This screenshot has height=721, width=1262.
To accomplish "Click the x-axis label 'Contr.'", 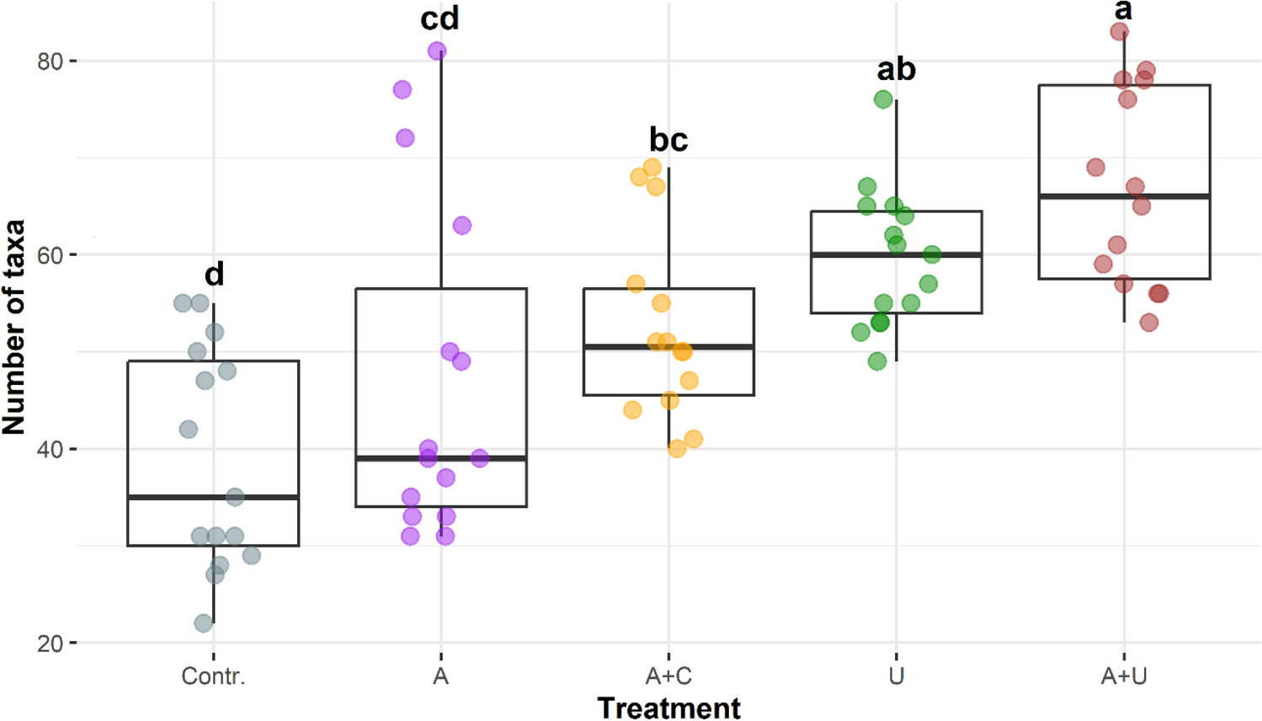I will tap(213, 676).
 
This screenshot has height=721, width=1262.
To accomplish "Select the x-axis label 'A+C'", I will tap(668, 676).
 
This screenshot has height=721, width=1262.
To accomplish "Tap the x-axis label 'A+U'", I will tap(1124, 676).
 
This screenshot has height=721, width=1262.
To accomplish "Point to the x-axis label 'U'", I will tap(896, 676).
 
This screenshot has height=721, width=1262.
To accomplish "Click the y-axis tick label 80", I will tap(50, 61).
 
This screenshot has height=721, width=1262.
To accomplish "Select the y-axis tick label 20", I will tap(50, 644).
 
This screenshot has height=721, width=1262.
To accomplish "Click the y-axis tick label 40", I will tap(50, 449).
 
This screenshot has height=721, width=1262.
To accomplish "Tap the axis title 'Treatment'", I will tap(668, 708).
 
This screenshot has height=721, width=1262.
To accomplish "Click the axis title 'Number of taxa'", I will tap(14, 327).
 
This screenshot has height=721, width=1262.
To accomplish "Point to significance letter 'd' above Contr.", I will tap(214, 274).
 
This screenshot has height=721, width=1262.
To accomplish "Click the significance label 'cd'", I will tap(439, 19).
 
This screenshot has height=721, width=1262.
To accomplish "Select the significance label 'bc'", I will tap(668, 140).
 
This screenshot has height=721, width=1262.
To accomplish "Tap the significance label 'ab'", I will tap(896, 69).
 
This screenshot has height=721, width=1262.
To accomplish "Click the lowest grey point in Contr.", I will tap(204, 623).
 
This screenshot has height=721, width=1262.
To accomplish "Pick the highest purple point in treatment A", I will tap(437, 51).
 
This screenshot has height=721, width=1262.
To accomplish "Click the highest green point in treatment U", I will tap(883, 99).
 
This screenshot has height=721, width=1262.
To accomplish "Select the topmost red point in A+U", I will tap(1119, 32).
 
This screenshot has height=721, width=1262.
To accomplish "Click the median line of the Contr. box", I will tap(213, 497).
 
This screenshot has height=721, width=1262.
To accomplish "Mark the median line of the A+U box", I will tap(1124, 196).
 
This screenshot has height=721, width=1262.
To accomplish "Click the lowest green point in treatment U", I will tap(877, 361).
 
